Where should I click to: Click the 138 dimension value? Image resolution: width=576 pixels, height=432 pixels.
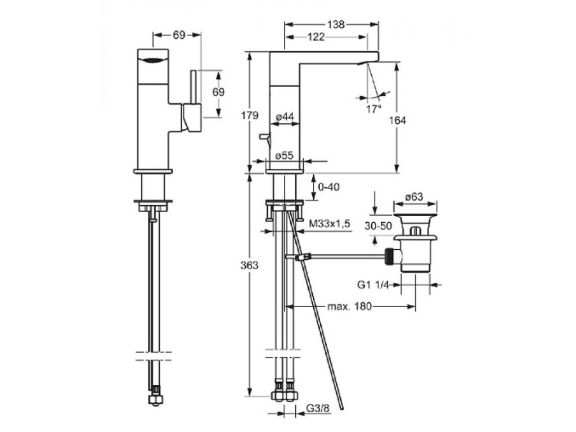(x=337, y=24)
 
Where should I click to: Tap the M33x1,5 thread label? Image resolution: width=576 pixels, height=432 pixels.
(x=330, y=224)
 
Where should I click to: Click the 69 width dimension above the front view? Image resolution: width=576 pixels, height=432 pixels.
(x=179, y=35)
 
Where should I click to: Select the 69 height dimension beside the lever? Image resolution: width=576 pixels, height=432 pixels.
(x=218, y=92)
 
